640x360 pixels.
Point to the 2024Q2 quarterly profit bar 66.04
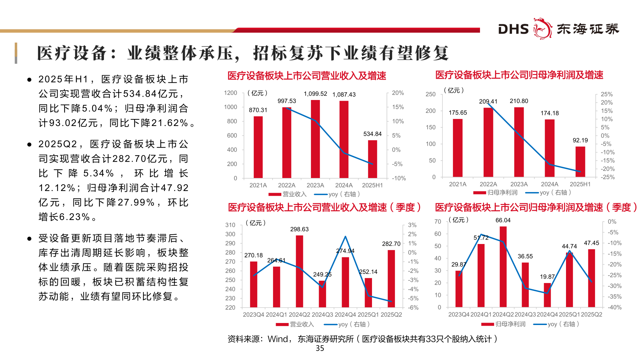[503, 267]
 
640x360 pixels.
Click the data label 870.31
[258, 110]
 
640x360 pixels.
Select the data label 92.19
[580, 140]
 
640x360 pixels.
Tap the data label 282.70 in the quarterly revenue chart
[391, 244]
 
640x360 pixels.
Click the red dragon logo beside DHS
[543, 29]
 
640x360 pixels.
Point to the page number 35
[320, 348]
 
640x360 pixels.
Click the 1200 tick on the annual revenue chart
[230, 93]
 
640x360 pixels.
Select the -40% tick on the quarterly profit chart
[614, 307]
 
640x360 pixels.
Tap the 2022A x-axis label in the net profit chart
[488, 184]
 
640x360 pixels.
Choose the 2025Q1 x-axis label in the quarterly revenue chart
[368, 315]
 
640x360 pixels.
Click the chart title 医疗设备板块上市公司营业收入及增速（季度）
[324, 208]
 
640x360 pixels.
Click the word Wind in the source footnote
[278, 339]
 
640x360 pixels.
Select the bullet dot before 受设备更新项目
[29, 239]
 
